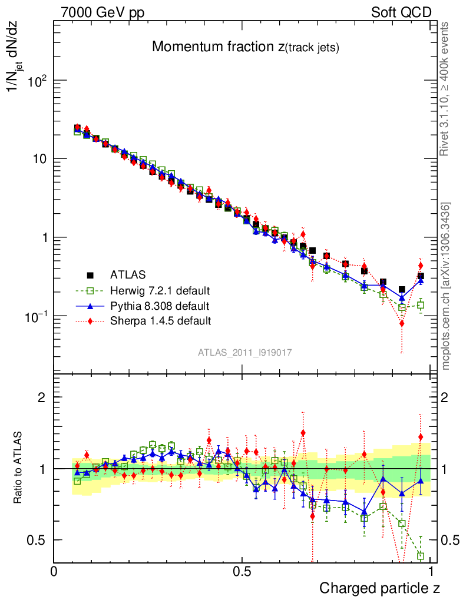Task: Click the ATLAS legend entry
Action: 127,274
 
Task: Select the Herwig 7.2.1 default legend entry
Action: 160,290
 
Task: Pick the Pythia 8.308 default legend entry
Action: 160,306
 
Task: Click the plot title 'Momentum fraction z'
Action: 245,48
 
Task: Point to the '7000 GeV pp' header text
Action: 102,12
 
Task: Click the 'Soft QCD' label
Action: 401,12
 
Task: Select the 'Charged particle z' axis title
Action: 379,588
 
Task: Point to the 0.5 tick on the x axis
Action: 242,571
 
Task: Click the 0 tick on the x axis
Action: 54,571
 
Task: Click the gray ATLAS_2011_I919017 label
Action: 245,352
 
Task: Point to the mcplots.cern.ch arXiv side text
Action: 446,286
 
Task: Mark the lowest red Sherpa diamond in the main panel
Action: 402,323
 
